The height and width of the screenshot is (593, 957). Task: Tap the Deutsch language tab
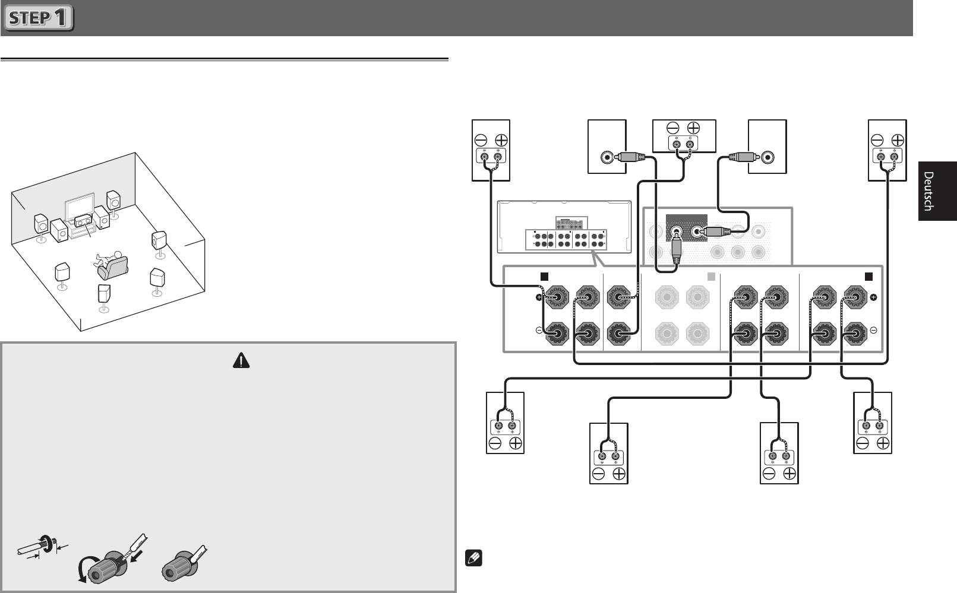(937, 191)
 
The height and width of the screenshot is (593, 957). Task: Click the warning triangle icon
(241, 360)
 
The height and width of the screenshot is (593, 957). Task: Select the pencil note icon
(473, 558)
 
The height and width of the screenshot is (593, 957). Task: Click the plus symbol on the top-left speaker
(501, 140)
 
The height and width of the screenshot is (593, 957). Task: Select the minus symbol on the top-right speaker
(877, 140)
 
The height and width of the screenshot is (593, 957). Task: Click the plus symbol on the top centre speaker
(693, 128)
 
